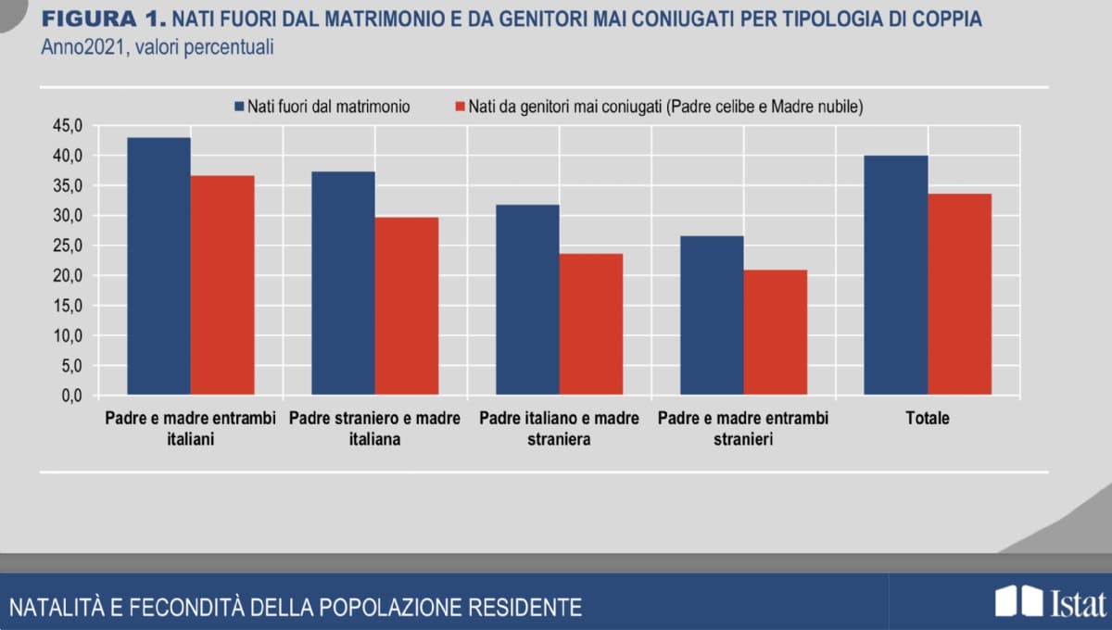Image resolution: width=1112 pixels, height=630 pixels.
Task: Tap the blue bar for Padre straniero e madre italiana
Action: (x=343, y=283)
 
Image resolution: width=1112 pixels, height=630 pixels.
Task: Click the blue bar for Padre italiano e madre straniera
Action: (x=527, y=300)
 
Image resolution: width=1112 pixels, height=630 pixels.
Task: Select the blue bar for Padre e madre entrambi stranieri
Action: (x=712, y=316)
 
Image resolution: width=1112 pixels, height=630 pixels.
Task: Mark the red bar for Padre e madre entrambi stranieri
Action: (x=776, y=333)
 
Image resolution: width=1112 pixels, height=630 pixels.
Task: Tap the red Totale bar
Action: (x=960, y=295)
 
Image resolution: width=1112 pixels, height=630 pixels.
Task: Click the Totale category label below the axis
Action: (x=928, y=419)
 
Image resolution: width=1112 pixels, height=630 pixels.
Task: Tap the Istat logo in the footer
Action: (x=1050, y=601)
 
